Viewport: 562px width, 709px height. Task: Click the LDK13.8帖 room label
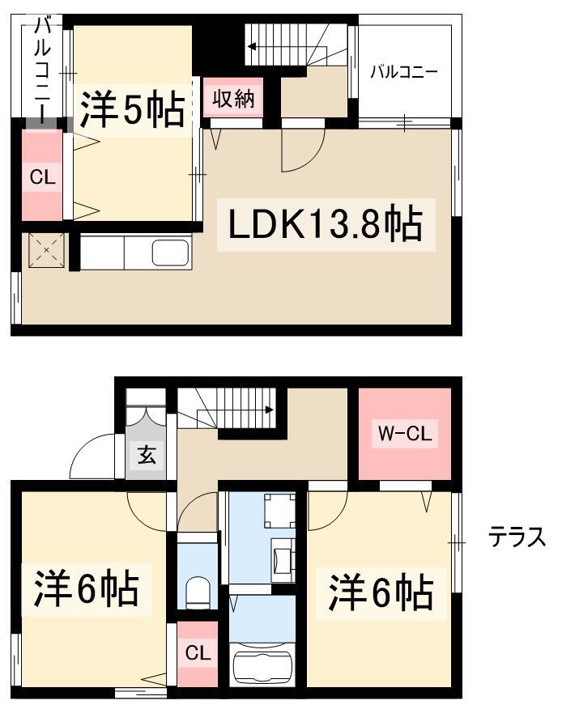click(x=326, y=223)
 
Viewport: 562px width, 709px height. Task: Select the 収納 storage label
click(x=233, y=99)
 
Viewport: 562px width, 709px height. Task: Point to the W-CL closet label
click(x=405, y=433)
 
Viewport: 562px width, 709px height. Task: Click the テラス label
click(x=517, y=538)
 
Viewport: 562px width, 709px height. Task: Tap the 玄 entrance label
click(x=147, y=454)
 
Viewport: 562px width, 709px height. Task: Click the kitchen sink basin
click(x=170, y=253)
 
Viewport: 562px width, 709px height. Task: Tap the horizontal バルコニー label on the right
click(x=404, y=72)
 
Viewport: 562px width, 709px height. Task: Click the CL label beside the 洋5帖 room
click(x=43, y=177)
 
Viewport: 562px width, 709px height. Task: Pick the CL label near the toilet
click(x=198, y=653)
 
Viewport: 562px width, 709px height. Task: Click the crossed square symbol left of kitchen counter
click(x=46, y=250)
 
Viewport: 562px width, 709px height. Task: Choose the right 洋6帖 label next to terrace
click(x=381, y=592)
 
